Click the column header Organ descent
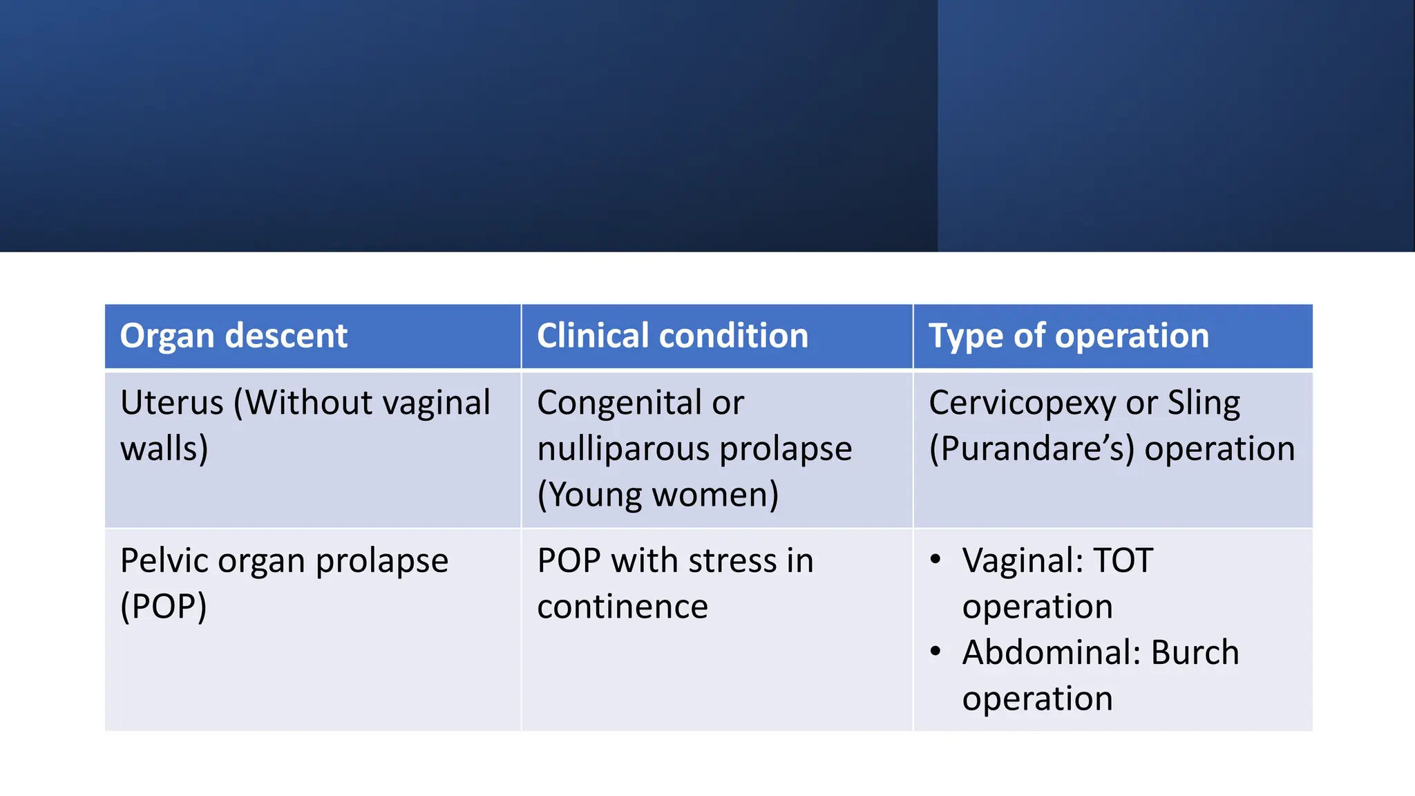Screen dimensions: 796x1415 pyautogui.click(x=234, y=337)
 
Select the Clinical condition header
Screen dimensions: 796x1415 pyautogui.click(x=672, y=337)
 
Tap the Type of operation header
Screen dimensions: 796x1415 pyautogui.click(x=1068, y=337)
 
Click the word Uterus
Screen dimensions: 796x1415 pyautogui.click(x=171, y=403)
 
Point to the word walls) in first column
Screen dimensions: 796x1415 pyautogui.click(x=164, y=449)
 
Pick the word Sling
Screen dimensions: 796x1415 pyautogui.click(x=1204, y=403)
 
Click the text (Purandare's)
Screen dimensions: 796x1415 pyautogui.click(x=1032, y=449)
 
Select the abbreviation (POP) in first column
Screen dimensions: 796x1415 pyautogui.click(x=164, y=607)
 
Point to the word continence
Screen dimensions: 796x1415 pyautogui.click(x=623, y=607)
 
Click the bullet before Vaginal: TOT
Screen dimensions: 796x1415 pyautogui.click(x=936, y=559)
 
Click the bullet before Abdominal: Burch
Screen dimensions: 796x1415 pyautogui.click(x=936, y=651)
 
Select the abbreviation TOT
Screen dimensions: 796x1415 pyautogui.click(x=1123, y=560)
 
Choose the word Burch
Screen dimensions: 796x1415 pyautogui.click(x=1195, y=652)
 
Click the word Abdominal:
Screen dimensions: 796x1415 pyautogui.click(x=1052, y=652)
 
